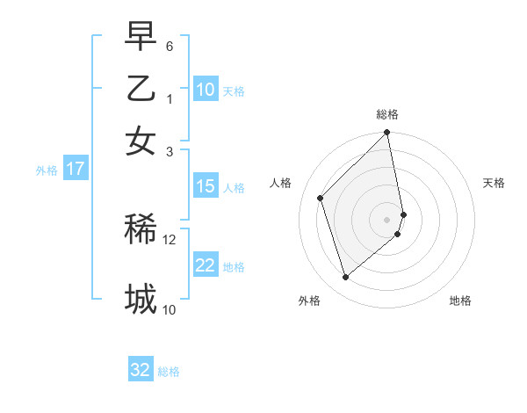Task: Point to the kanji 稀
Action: (141, 229)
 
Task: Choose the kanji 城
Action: (141, 298)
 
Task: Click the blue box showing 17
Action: (75, 169)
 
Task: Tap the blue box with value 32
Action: (141, 370)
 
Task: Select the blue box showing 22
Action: (206, 266)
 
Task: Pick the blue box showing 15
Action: (206, 186)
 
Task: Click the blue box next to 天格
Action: (206, 90)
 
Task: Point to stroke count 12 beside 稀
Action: (170, 238)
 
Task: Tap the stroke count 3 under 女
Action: (170, 152)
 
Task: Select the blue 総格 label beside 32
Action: (170, 372)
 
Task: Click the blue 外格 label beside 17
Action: (47, 170)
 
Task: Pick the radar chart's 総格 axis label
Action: (387, 114)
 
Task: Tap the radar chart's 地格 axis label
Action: (460, 301)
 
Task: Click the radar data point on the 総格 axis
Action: (387, 134)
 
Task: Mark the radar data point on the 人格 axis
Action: (321, 198)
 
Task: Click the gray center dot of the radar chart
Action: (387, 218)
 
